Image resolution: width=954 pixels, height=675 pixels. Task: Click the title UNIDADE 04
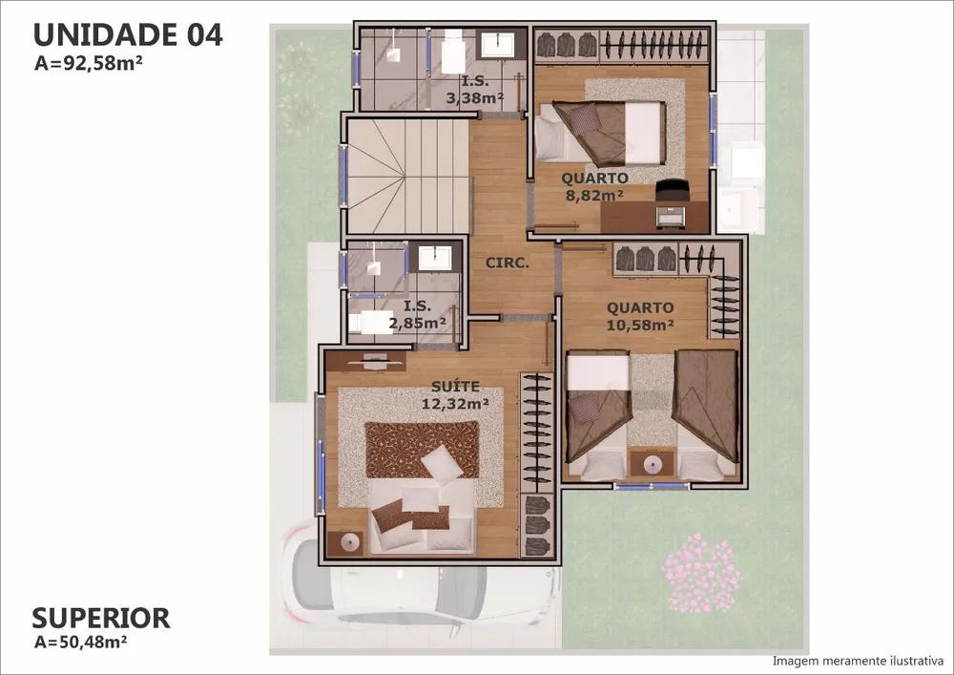click(x=128, y=34)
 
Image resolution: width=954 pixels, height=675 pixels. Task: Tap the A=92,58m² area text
click(x=88, y=63)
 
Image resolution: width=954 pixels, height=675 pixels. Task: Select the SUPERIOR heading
click(x=101, y=618)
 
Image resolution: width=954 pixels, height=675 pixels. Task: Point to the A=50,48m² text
click(x=80, y=642)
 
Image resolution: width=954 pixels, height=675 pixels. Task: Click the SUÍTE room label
click(x=455, y=387)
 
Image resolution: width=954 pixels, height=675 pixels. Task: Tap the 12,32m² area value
click(x=454, y=404)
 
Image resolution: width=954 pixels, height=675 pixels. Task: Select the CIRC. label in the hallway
click(x=507, y=263)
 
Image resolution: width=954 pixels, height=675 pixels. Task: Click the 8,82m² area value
click(x=594, y=196)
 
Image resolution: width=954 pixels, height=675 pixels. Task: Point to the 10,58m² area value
click(x=640, y=325)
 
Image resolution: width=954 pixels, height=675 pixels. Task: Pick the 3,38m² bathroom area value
click(x=474, y=97)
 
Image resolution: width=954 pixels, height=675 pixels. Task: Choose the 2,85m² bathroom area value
click(x=418, y=323)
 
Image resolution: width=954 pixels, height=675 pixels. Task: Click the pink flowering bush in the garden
click(x=702, y=573)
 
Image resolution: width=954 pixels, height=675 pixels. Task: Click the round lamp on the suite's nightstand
click(x=350, y=541)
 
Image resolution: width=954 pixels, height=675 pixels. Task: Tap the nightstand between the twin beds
click(x=653, y=464)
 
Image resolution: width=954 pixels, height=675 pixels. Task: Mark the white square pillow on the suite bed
click(x=444, y=464)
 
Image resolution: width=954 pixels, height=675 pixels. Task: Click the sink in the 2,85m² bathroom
click(x=436, y=258)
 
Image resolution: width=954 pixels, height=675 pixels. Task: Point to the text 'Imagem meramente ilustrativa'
click(x=858, y=661)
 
